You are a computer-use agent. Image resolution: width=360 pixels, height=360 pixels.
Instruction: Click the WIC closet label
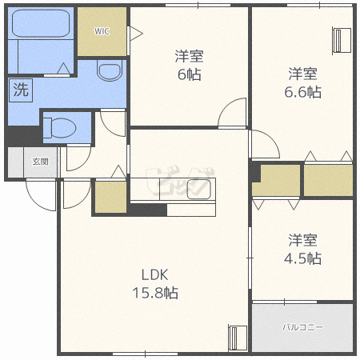[x=102, y=31]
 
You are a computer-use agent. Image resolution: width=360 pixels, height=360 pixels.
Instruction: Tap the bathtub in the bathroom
[x=41, y=23]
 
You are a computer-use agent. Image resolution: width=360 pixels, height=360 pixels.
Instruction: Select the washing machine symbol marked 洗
[x=21, y=90]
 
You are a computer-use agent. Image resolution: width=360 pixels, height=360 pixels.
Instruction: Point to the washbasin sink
[x=110, y=70]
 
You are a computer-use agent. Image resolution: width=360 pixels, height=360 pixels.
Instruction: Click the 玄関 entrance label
[x=41, y=162]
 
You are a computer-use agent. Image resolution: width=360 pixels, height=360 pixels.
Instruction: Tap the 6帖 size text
[x=190, y=74]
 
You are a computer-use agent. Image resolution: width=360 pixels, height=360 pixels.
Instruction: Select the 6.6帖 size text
[x=302, y=92]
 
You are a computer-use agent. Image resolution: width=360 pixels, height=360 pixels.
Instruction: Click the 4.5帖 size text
[x=302, y=258]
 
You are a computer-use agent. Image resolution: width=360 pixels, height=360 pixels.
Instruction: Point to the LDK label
[x=154, y=275]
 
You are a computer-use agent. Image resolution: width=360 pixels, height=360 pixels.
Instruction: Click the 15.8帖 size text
[x=155, y=293]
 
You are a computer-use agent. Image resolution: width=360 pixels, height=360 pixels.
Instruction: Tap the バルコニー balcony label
[x=302, y=327]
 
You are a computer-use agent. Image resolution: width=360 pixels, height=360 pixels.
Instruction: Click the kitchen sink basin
[x=199, y=190]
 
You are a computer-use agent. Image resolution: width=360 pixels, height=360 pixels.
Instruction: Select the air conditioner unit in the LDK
[x=238, y=338]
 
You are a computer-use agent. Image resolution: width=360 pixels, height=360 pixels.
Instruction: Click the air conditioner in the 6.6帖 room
[x=342, y=40]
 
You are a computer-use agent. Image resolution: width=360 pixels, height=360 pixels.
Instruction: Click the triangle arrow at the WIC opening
[x=136, y=34]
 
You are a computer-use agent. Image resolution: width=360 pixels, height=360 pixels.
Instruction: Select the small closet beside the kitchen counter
[x=110, y=198]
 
